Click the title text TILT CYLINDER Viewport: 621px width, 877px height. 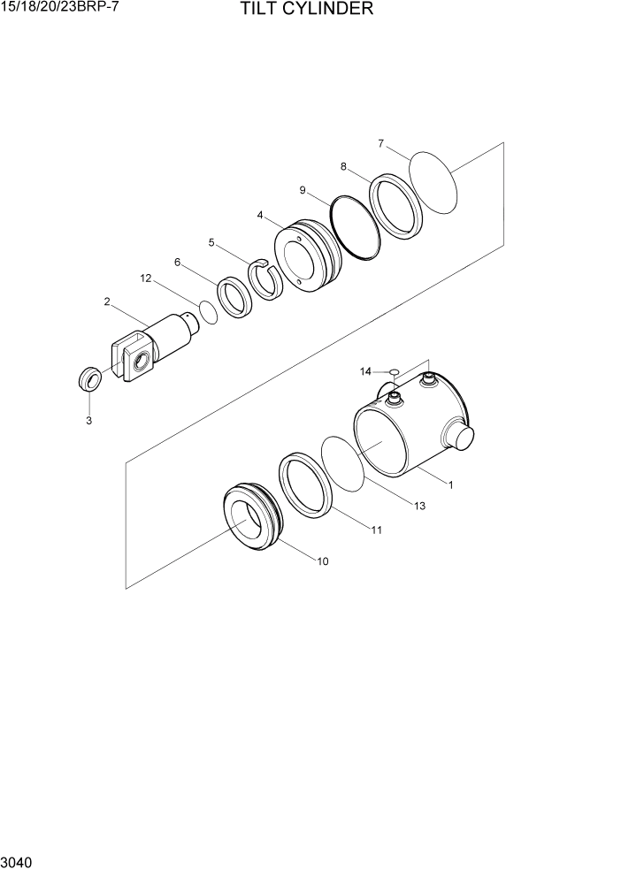(x=306, y=10)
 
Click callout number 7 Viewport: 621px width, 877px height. (x=380, y=143)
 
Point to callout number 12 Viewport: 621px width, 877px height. (x=146, y=278)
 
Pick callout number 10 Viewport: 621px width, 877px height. (x=322, y=561)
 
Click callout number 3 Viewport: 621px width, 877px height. (x=88, y=421)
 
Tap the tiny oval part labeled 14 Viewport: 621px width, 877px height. (x=395, y=371)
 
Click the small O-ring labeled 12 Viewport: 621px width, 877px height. (x=208, y=311)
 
